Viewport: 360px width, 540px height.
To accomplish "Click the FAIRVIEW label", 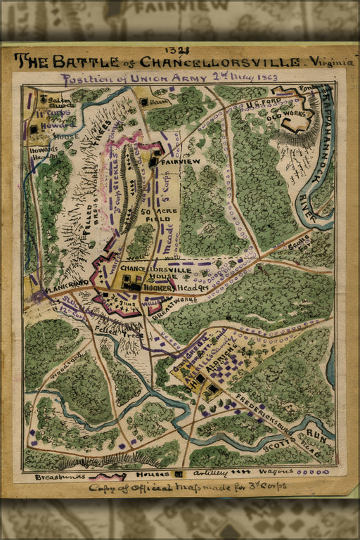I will click(x=181, y=162).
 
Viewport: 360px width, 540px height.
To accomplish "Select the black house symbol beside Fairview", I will click(x=153, y=162).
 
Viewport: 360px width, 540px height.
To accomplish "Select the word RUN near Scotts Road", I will click(x=318, y=436).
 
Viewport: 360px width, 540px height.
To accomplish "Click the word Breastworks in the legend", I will click(x=57, y=476).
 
